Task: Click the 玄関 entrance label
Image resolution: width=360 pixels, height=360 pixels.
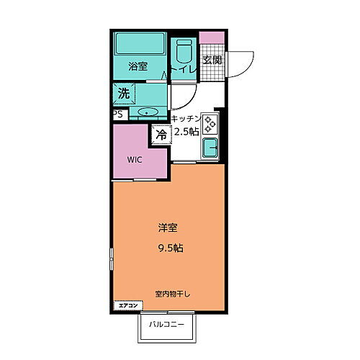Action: tap(212, 60)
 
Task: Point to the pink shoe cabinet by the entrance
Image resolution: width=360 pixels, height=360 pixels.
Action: tap(209, 39)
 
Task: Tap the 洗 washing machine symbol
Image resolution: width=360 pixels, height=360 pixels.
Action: tap(124, 93)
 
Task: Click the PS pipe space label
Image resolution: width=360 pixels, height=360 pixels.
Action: tap(117, 113)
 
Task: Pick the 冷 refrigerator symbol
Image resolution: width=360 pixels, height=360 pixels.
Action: tap(161, 134)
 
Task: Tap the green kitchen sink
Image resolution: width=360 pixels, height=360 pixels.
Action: tap(210, 148)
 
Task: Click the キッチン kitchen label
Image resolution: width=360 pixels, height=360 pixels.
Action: tap(185, 117)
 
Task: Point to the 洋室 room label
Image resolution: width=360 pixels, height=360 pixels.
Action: tap(168, 228)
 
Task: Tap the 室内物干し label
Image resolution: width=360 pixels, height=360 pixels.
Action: tap(171, 294)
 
